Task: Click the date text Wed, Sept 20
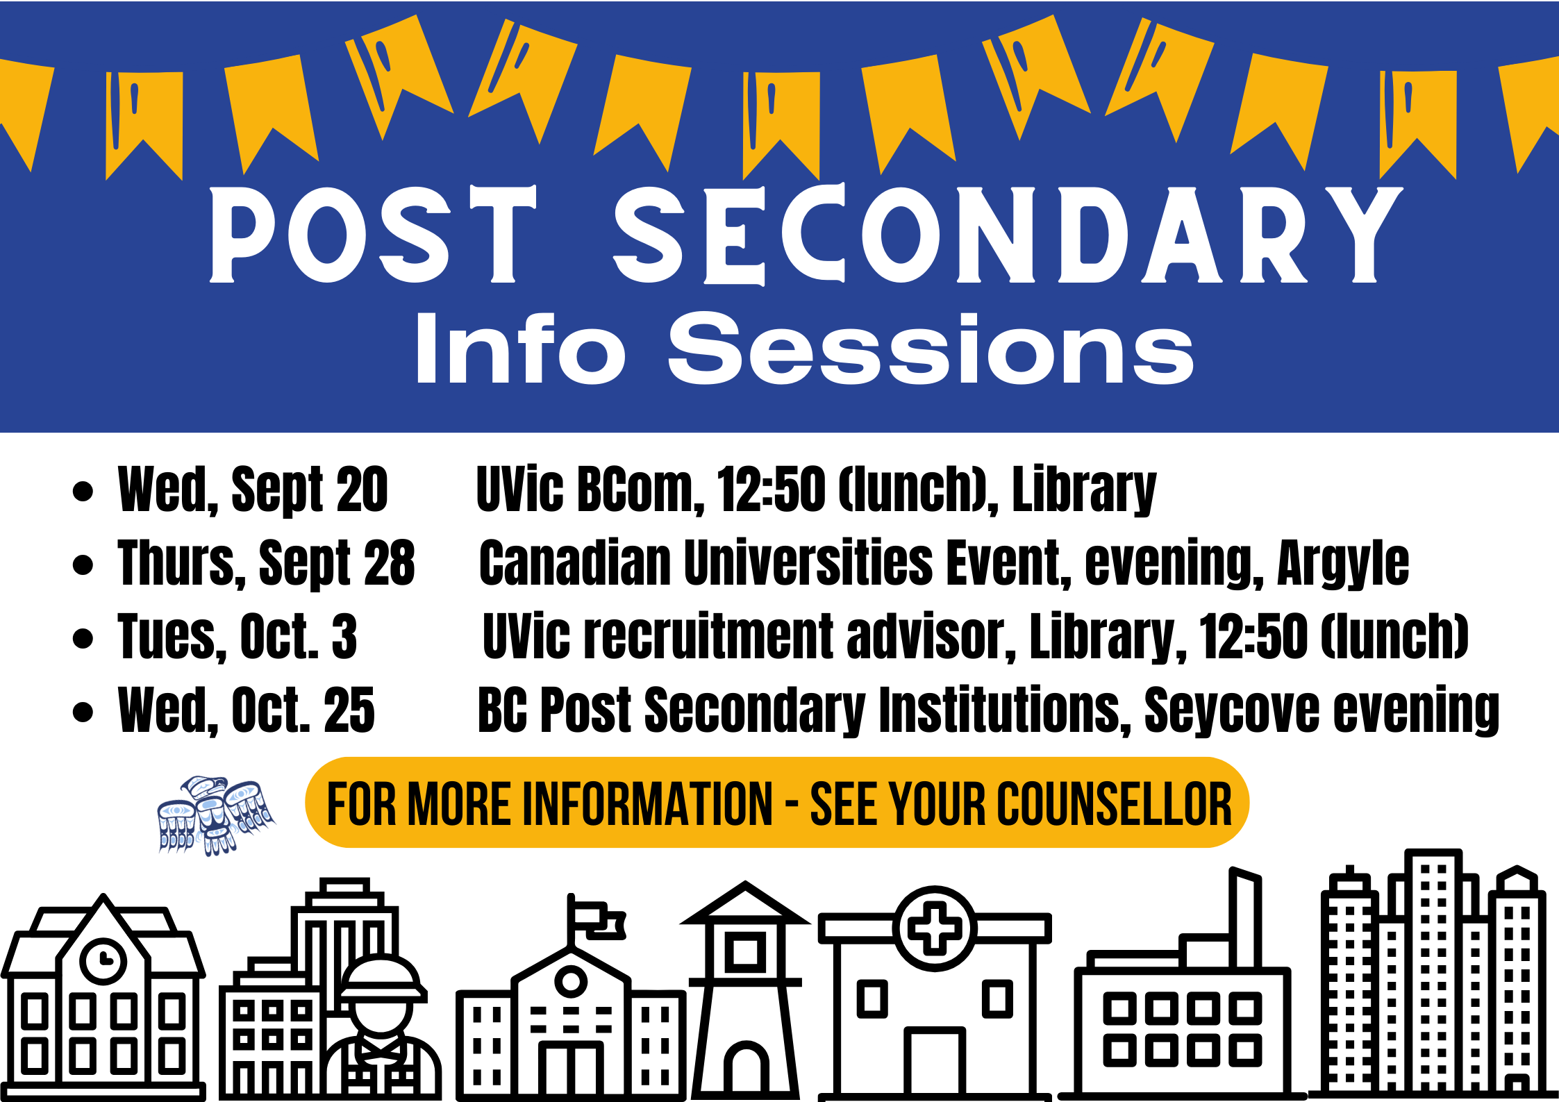point(253,490)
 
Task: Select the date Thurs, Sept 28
point(267,563)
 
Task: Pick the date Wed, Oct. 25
point(247,710)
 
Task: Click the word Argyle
point(1343,564)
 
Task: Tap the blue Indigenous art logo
point(217,815)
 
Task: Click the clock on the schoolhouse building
point(103,961)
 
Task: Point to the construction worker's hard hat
point(381,980)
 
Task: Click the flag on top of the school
point(597,919)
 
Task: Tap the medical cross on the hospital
point(935,928)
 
